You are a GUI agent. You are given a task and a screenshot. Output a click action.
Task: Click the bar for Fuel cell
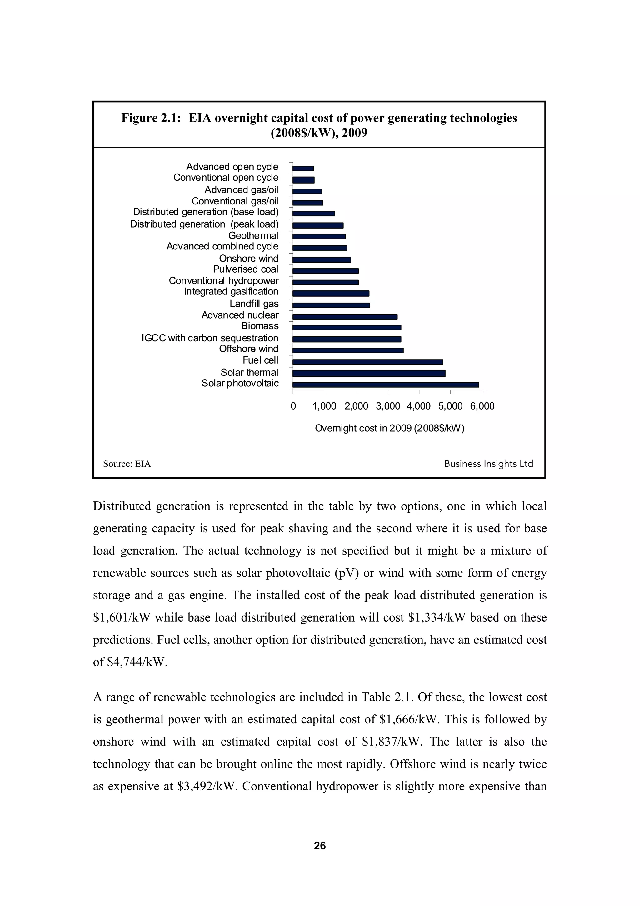368,362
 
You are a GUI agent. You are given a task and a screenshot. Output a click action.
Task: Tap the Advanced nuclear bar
345,316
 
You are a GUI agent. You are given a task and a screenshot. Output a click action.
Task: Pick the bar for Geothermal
319,236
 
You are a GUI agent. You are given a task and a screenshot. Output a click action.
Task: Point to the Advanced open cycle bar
303,168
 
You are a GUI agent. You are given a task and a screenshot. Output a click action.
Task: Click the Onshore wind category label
248,259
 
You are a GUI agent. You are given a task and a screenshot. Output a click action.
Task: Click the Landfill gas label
254,304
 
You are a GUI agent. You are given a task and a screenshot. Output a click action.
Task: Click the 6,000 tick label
482,406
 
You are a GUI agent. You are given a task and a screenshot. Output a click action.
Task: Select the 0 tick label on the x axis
293,406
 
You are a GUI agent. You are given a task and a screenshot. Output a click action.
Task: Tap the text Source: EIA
127,464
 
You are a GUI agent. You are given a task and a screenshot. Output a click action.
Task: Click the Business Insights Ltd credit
488,464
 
